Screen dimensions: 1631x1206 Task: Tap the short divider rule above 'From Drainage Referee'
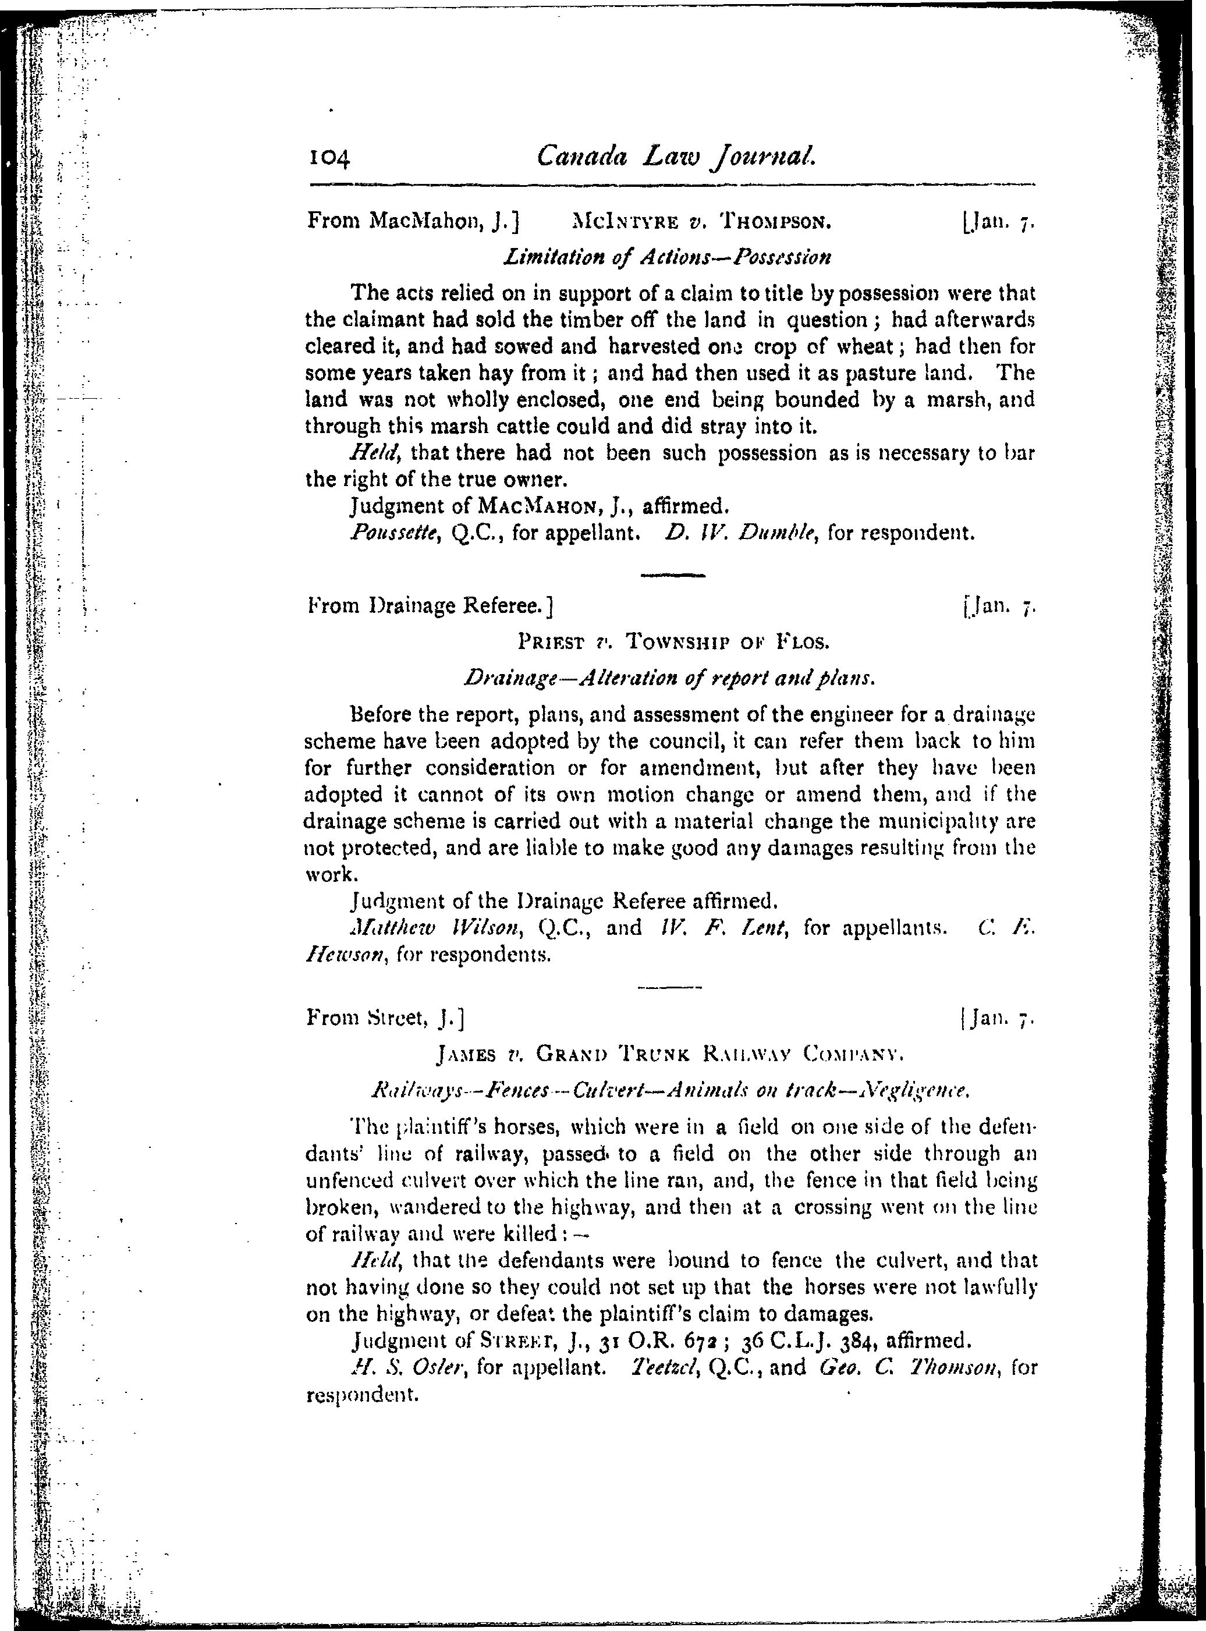(672, 576)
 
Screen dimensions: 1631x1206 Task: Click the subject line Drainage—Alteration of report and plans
(669, 678)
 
